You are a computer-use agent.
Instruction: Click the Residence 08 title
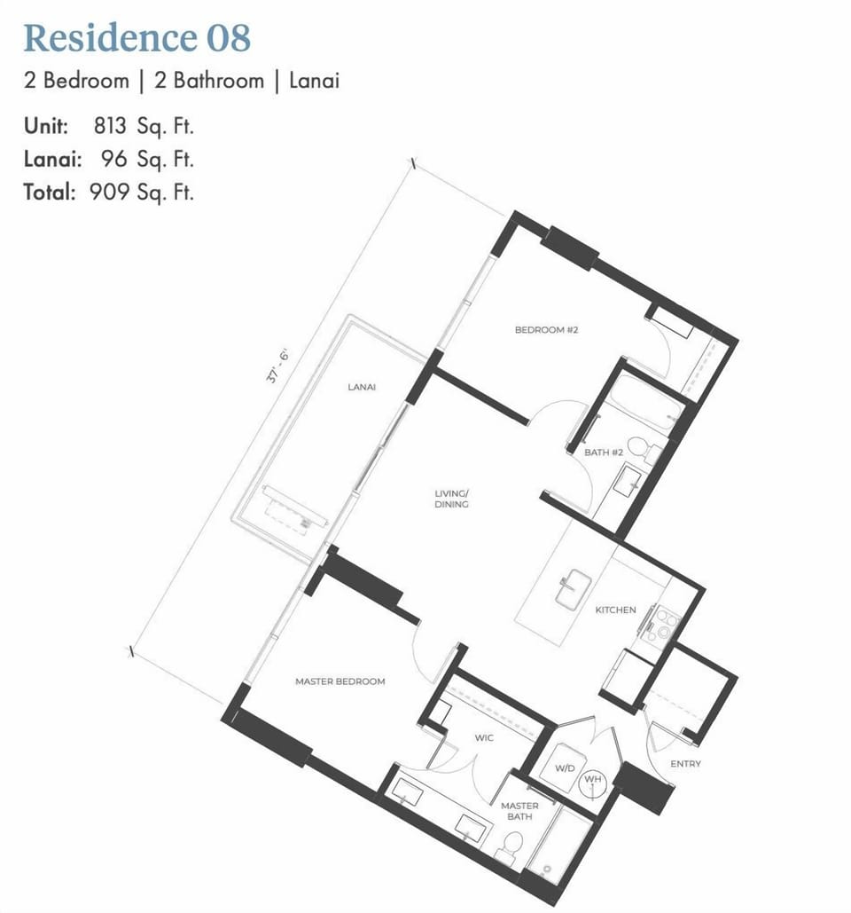137,38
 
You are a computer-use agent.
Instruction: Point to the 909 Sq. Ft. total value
141,192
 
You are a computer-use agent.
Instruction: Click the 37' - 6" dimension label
278,366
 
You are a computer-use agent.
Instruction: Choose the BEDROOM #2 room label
546,330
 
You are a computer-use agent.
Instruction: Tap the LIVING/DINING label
451,499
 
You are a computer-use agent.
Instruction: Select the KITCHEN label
615,610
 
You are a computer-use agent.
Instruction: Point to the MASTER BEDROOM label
340,681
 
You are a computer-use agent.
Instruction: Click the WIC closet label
483,738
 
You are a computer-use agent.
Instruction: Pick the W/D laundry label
565,767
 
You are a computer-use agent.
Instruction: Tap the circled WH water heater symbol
592,781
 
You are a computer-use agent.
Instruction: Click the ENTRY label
685,763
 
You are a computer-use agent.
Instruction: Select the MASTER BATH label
519,811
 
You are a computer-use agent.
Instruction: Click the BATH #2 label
604,453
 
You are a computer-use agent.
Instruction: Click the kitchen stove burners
662,623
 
